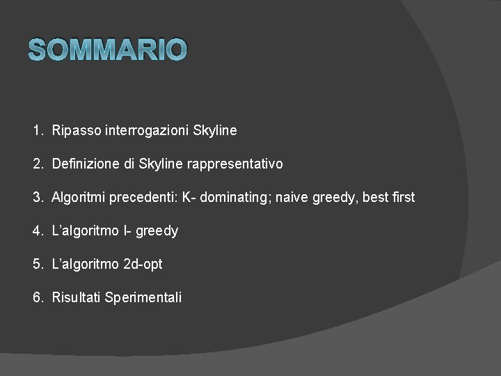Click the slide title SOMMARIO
[108, 49]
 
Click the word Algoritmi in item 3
[78, 197]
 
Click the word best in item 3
[375, 197]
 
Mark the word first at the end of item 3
[404, 197]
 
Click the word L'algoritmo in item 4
[84, 230]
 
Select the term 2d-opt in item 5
[142, 264]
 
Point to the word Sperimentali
[143, 297]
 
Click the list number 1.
[37, 130]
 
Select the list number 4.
[37, 230]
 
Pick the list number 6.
[37, 297]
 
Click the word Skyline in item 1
[215, 130]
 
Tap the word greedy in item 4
[157, 230]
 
